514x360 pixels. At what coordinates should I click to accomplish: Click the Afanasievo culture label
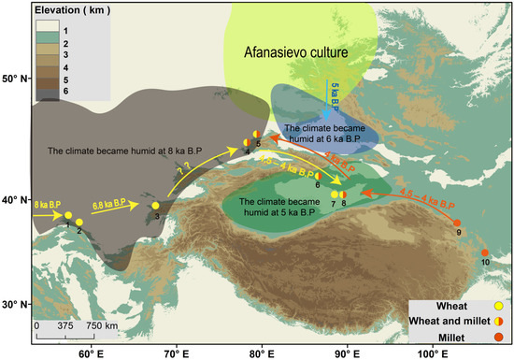pos(294,54)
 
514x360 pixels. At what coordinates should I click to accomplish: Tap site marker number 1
pos(68,216)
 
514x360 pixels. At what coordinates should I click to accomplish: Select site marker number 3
pos(156,206)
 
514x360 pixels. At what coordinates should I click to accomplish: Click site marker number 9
pos(457,223)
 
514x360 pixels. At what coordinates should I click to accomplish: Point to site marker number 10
pos(485,253)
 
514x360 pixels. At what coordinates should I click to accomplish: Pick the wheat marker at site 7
pos(335,194)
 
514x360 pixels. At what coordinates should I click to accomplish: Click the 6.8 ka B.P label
pos(111,199)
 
